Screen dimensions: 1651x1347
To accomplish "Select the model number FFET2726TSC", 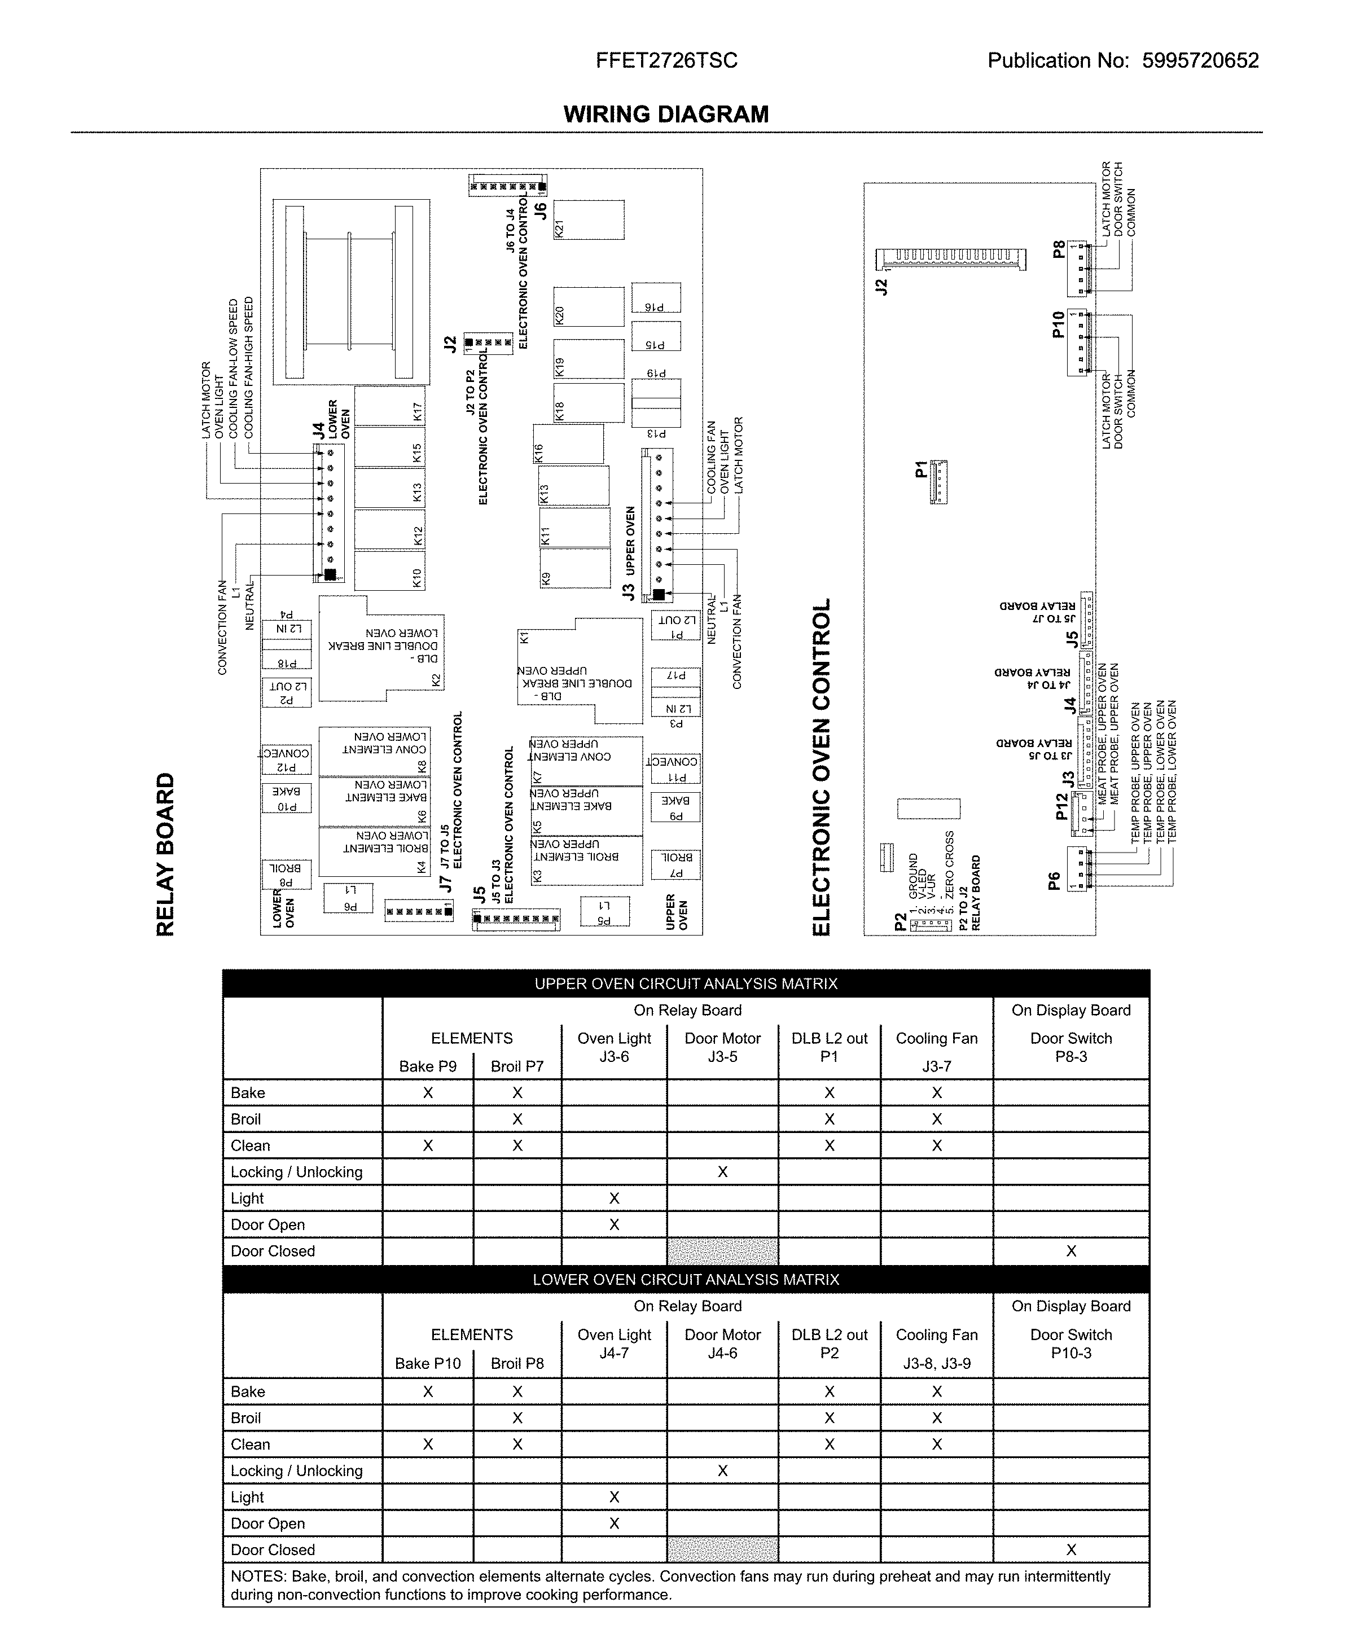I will [x=666, y=60].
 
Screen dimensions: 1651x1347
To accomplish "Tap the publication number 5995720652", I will [x=1200, y=60].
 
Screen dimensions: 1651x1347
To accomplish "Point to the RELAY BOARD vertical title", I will [x=165, y=853].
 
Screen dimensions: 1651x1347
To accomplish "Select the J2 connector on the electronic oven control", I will [x=950, y=260].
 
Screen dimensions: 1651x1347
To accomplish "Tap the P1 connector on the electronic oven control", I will [x=938, y=482].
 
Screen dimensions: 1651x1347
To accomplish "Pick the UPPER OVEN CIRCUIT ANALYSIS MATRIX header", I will [x=686, y=984].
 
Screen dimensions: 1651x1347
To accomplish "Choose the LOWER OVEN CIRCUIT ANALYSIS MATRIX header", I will [x=686, y=1279].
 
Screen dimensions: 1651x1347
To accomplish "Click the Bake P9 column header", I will [x=428, y=1066].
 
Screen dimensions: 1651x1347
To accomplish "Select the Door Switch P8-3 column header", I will [x=1071, y=1047].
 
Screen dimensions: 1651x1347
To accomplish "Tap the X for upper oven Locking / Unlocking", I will [x=722, y=1171].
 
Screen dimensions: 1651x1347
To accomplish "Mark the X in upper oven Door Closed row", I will [x=1071, y=1250].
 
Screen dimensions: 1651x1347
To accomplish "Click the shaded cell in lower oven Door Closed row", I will [x=722, y=1549].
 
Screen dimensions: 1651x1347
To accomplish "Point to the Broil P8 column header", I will [x=517, y=1363].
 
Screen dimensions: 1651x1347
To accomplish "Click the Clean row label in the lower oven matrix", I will [x=251, y=1444].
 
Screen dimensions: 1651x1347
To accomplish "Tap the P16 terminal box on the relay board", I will [x=656, y=297].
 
